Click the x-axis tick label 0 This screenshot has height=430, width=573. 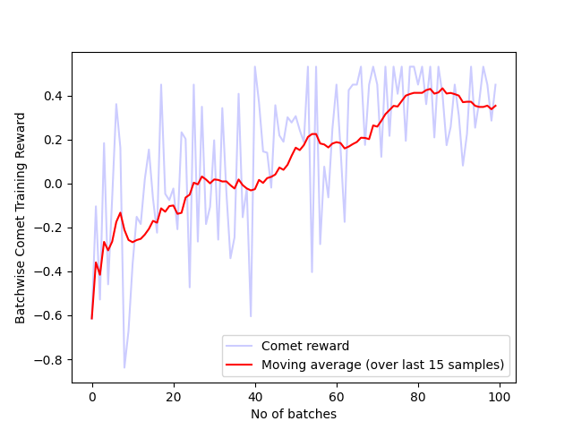coord(92,397)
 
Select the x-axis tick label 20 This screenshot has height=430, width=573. coord(174,397)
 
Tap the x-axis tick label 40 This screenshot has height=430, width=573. coord(255,397)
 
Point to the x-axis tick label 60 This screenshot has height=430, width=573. coord(337,397)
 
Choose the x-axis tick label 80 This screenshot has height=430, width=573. coord(418,397)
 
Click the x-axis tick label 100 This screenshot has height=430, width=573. coord(500,397)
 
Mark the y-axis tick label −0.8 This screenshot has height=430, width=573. coord(51,359)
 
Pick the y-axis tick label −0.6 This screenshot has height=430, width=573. coord(51,315)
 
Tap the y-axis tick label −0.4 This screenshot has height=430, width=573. coord(51,271)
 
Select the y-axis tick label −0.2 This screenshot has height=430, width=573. coord(51,228)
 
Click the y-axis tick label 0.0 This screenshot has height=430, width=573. coord(56,184)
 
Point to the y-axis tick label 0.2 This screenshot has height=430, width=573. coord(56,140)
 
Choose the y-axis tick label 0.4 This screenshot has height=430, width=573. coord(56,96)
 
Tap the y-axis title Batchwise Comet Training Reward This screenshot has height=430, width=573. coord(20,205)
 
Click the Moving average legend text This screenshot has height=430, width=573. coord(383,365)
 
